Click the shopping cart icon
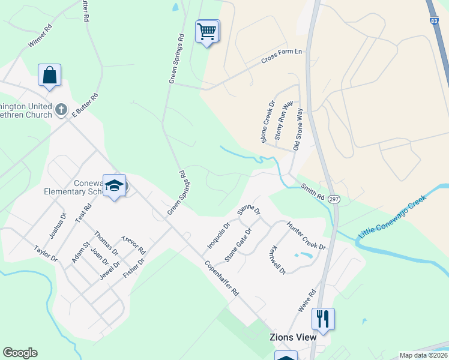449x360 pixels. (x=207, y=31)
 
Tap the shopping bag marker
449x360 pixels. (x=49, y=76)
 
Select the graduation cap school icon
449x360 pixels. (x=114, y=185)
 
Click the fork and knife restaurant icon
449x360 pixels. (x=323, y=319)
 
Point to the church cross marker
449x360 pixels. (x=61, y=109)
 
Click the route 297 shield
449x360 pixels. (x=334, y=199)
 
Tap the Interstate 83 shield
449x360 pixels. (x=433, y=20)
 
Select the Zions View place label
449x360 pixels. (x=292, y=337)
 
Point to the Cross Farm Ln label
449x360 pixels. (x=281, y=57)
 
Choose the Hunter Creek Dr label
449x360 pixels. (x=306, y=236)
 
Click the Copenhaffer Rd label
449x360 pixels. (x=221, y=278)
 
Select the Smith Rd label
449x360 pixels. (x=313, y=191)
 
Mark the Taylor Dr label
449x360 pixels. (x=45, y=254)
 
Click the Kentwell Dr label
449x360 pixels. (x=278, y=259)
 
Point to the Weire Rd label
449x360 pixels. (x=307, y=301)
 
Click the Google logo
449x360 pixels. (x=20, y=353)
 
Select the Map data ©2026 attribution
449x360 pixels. (x=423, y=355)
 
